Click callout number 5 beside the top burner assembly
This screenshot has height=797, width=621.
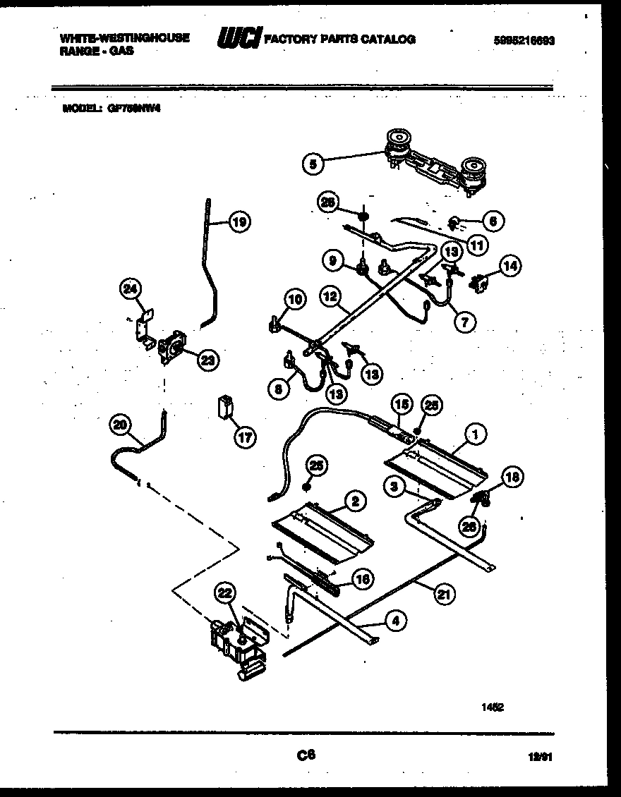[312, 164]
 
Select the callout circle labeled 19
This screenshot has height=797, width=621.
[239, 223]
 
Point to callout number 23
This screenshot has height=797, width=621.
[207, 360]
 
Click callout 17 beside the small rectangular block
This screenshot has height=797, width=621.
[244, 437]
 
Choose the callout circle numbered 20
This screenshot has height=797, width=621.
[121, 425]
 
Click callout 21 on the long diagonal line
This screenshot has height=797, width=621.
[442, 594]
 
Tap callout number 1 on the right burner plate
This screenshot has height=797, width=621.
[476, 436]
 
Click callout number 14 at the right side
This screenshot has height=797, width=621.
[510, 265]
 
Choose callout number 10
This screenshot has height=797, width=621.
[296, 300]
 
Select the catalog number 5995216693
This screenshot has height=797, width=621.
[524, 41]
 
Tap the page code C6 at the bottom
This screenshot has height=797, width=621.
[306, 755]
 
